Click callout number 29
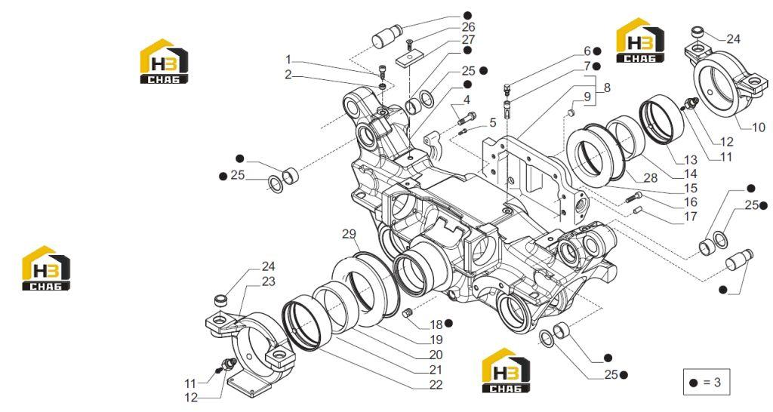[349, 234]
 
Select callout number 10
[759, 128]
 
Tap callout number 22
[436, 385]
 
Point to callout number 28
[651, 178]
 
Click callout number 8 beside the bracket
[607, 88]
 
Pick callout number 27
[468, 39]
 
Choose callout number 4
[467, 100]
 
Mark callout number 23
[268, 281]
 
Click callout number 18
[436, 324]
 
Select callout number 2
[288, 75]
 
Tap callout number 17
[691, 216]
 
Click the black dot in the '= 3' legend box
[694, 383]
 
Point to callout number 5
[492, 123]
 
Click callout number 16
[691, 201]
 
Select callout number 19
[436, 340]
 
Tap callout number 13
[691, 160]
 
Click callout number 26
[468, 26]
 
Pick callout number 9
[587, 97]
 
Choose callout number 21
[436, 370]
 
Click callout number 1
[288, 60]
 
